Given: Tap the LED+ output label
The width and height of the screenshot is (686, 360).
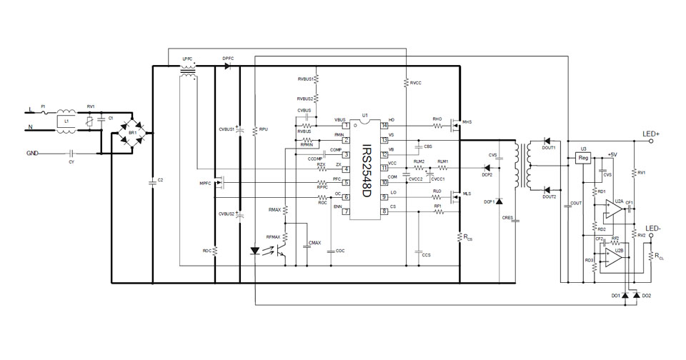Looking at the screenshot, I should [x=652, y=134].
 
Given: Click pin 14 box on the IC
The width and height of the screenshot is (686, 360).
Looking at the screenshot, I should [x=384, y=126].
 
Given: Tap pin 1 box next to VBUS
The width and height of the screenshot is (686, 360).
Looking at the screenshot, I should [x=346, y=126].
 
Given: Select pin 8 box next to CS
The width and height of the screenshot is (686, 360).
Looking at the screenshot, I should [x=384, y=211].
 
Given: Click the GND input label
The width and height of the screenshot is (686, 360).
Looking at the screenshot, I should [x=32, y=153].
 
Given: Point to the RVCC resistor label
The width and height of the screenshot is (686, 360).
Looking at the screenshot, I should [x=415, y=83].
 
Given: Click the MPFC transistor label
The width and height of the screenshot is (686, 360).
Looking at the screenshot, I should [x=206, y=184].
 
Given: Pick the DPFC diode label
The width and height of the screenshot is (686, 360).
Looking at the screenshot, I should [x=228, y=58].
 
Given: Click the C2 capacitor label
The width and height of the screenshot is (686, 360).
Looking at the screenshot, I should [x=160, y=181].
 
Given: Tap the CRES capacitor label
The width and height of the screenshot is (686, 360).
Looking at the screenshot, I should [x=507, y=216].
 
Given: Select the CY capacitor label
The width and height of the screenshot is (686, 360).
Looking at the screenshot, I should [x=71, y=162].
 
